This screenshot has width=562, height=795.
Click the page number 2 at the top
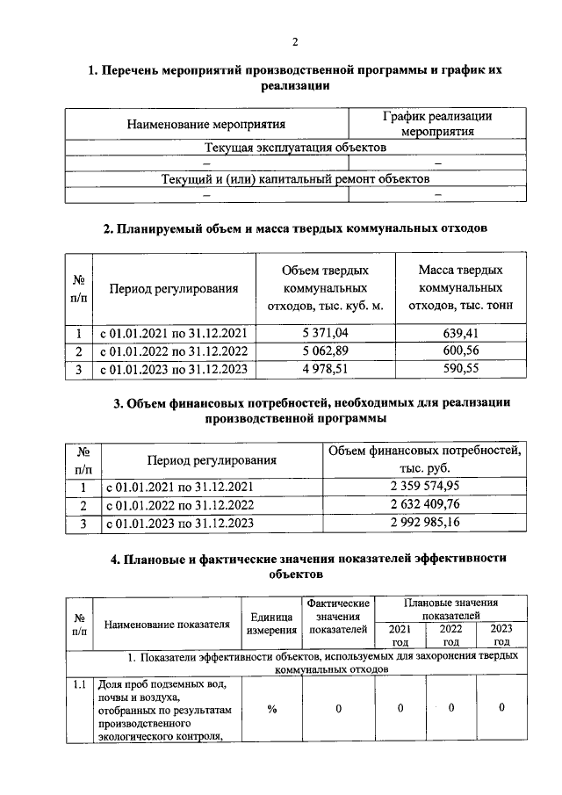(295, 41)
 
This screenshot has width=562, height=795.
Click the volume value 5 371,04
(325, 334)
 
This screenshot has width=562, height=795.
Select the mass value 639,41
(461, 334)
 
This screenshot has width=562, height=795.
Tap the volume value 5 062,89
(325, 351)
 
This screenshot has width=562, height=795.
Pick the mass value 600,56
(461, 351)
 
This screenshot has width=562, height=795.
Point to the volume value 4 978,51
(325, 369)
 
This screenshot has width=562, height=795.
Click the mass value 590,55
(461, 369)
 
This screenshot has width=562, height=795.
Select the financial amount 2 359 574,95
(425, 486)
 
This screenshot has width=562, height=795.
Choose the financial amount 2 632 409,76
(425, 504)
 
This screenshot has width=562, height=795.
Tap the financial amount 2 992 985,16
(425, 523)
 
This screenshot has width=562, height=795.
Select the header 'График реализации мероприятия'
(437, 124)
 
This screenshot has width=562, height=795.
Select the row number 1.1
(78, 684)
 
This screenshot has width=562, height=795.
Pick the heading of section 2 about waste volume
(295, 229)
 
